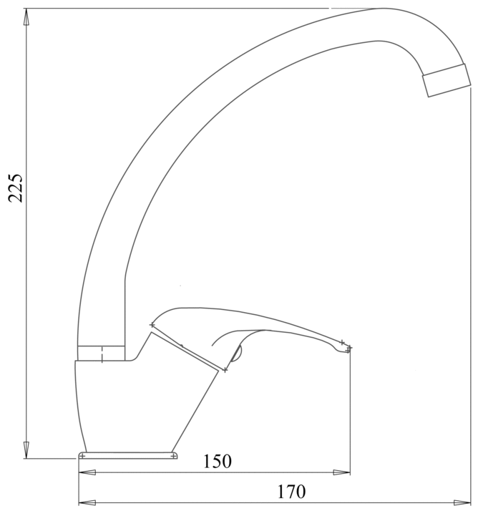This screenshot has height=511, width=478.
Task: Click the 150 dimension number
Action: pyautogui.click(x=217, y=462)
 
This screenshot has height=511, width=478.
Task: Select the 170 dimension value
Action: pyautogui.click(x=291, y=492)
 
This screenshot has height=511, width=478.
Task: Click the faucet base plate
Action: pyautogui.click(x=127, y=455)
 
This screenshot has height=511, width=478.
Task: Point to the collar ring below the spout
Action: pyautogui.click(x=101, y=353)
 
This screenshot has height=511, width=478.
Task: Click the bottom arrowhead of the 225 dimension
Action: pyautogui.click(x=26, y=451)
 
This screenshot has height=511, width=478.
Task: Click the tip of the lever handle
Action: pyautogui.click(x=348, y=349)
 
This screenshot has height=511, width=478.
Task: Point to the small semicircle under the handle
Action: pyautogui.click(x=238, y=350)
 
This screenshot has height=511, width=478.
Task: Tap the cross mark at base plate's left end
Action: pyautogui.click(x=82, y=455)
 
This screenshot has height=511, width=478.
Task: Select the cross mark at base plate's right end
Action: pyautogui.click(x=173, y=454)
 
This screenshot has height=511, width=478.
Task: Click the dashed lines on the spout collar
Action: pyautogui.click(x=104, y=353)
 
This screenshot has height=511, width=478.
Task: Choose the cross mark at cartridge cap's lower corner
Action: pyautogui.click(x=225, y=370)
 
